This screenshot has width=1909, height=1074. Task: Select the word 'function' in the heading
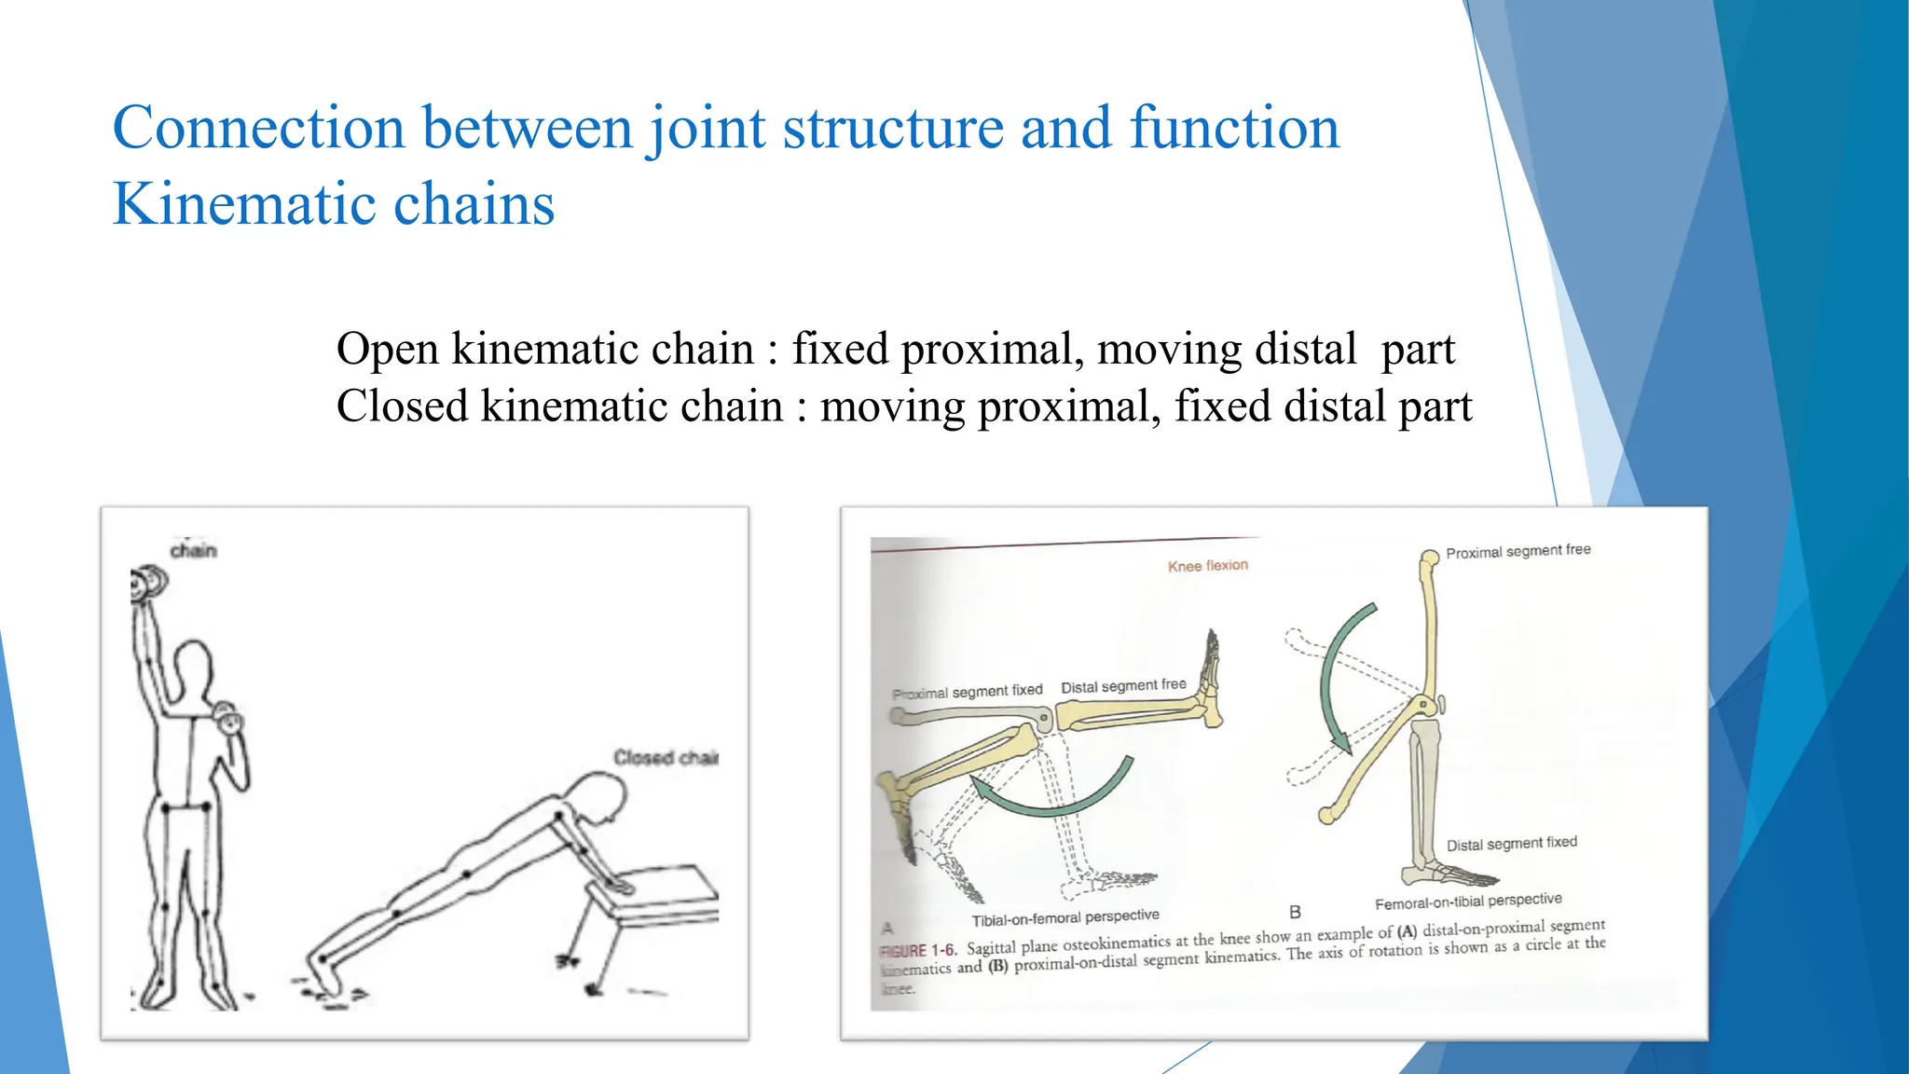(1234, 128)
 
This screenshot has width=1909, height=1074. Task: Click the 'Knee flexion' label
(1207, 565)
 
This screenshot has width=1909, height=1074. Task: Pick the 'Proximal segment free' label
(1518, 551)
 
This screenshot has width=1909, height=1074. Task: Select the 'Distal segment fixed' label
(1511, 843)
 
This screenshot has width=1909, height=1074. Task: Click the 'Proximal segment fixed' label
(967, 691)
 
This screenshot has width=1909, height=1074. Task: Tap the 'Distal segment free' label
(1123, 686)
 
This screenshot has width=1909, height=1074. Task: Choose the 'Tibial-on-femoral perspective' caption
(1064, 917)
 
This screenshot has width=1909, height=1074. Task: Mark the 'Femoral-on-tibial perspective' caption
(1468, 901)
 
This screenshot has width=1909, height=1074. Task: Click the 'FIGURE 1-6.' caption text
(918, 950)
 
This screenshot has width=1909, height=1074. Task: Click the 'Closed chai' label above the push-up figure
(665, 757)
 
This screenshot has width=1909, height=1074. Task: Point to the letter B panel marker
(1295, 912)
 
